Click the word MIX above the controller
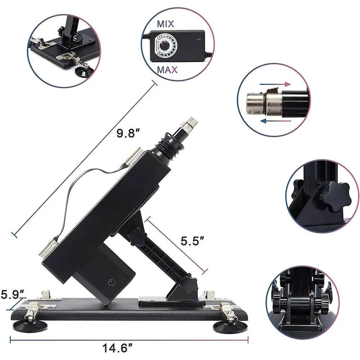click(x=166, y=24)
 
